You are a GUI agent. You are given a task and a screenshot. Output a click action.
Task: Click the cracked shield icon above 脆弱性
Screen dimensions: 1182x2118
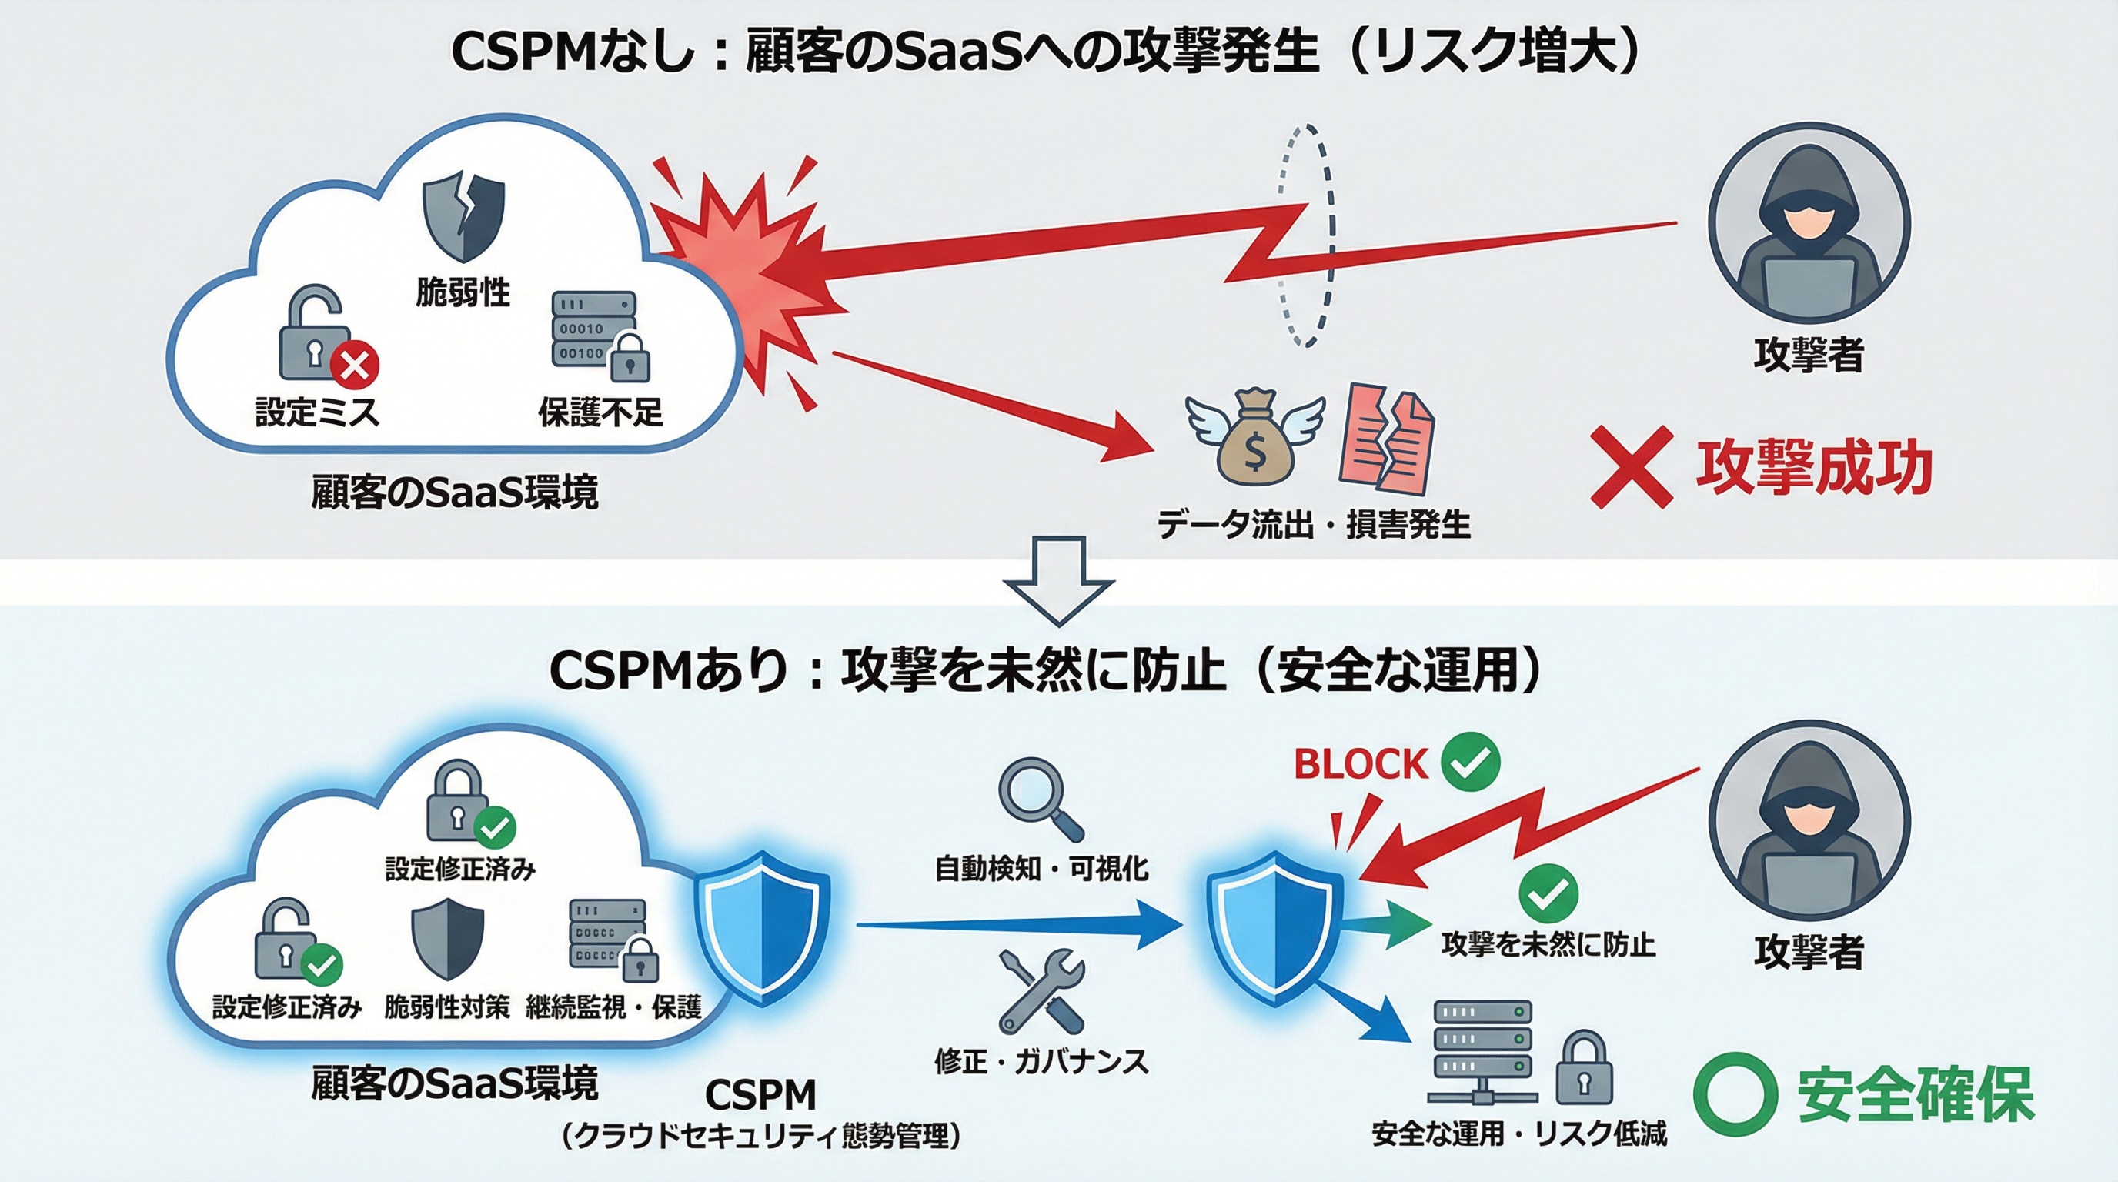coord(463,215)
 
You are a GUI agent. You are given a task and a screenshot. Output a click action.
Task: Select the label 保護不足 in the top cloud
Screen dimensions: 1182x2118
coord(600,412)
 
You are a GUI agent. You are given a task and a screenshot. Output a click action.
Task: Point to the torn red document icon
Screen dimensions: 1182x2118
coord(1386,438)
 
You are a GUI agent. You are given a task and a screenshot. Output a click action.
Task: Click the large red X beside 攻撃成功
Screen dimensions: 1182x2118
coord(1632,466)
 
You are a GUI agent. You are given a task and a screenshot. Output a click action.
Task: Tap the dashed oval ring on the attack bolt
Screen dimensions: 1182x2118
coord(1305,236)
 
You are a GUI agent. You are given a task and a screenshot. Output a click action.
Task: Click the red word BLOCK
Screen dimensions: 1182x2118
coord(1360,764)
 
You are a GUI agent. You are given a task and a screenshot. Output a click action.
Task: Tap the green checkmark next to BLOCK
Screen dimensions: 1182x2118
coord(1470,762)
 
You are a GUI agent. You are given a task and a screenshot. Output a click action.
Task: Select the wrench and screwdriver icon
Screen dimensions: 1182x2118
coord(1041,991)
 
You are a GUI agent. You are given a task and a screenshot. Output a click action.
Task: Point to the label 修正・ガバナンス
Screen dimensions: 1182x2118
coord(1041,1061)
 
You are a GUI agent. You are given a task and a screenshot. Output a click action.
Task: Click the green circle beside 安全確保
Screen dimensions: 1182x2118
coord(1735,1094)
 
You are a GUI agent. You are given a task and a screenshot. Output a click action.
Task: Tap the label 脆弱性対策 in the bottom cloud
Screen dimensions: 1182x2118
coord(446,1007)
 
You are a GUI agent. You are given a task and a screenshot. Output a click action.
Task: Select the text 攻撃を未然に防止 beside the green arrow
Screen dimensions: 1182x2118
coord(1548,944)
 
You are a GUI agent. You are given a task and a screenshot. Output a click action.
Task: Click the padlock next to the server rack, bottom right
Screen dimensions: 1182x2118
coord(1584,1068)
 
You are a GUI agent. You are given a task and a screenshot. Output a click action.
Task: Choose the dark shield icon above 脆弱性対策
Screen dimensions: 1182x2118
coord(446,938)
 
